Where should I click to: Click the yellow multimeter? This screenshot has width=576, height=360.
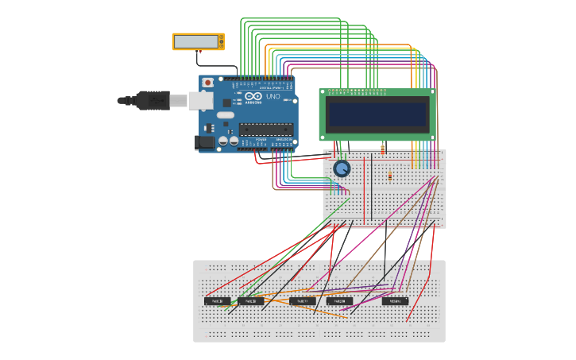tap(199, 41)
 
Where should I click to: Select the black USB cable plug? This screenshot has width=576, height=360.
tap(151, 100)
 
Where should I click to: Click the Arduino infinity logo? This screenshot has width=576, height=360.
tap(253, 97)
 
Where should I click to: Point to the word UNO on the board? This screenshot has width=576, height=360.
tap(273, 96)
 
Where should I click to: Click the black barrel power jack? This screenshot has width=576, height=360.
tap(204, 142)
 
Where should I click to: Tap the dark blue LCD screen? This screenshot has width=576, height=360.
tap(377, 114)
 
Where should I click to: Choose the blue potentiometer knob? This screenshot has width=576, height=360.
tap(342, 168)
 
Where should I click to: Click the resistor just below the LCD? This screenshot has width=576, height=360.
tap(383, 149)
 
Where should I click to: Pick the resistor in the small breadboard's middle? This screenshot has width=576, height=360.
tap(389, 176)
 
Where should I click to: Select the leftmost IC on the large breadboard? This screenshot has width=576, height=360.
tap(217, 301)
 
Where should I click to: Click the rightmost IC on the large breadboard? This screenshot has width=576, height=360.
tap(395, 301)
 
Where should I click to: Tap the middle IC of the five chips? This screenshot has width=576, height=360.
tap(302, 301)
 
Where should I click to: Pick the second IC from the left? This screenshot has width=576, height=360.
tap(250, 301)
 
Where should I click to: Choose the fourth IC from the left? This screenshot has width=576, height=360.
tap(339, 301)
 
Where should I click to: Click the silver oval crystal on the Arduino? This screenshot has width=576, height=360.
tap(225, 115)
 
